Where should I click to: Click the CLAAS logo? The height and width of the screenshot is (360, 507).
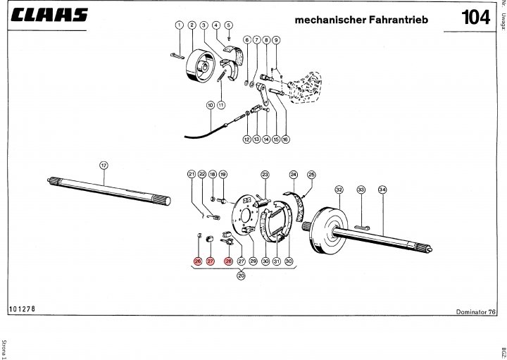[x=49, y=15]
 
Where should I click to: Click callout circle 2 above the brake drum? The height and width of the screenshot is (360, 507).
[x=191, y=25]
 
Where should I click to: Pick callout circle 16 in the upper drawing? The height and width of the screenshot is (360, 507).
[x=285, y=139]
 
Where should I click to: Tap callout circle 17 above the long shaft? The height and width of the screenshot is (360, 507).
[x=104, y=166]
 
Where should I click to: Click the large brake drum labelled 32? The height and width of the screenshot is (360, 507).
[x=328, y=228]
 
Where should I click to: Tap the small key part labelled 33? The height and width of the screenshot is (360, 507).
[x=361, y=227]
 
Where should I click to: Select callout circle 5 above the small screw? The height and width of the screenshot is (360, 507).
[x=228, y=25]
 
